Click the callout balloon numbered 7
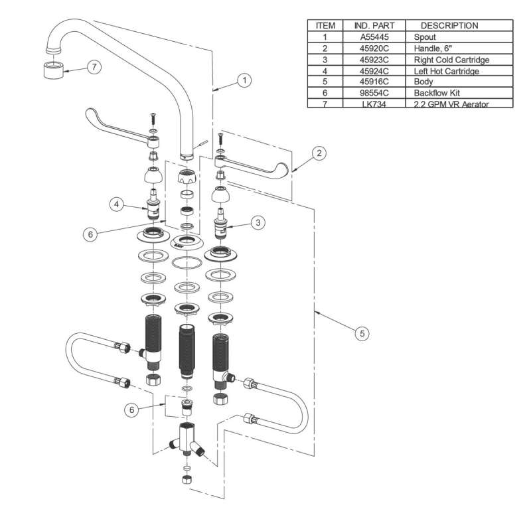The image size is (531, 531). (95, 68)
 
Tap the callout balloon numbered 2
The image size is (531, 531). (319, 153)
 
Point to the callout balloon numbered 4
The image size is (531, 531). (116, 204)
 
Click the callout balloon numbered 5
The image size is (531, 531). (361, 333)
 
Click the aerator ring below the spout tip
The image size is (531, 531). (54, 69)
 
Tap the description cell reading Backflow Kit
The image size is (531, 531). (436, 93)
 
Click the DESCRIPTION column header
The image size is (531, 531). (449, 26)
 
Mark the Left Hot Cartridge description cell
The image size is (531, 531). (446, 70)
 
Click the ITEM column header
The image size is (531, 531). (325, 26)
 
